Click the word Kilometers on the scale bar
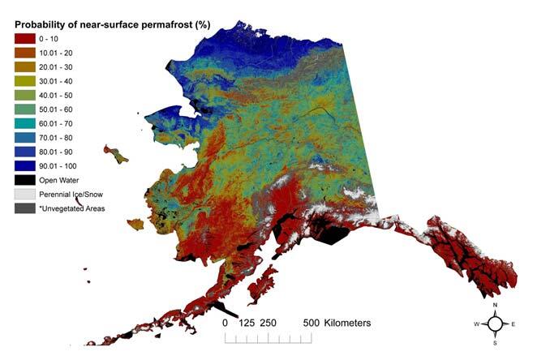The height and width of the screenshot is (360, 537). click(347, 323)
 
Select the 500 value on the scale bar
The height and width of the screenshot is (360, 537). click(310, 323)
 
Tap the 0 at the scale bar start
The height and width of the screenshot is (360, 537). click(225, 323)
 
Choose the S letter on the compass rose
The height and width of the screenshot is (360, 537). click(495, 341)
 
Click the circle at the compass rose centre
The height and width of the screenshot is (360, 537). click(495, 324)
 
